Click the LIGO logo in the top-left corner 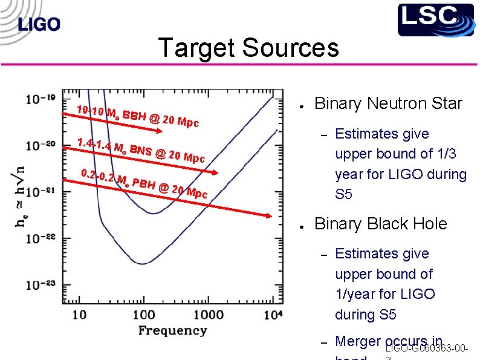click(x=39, y=24)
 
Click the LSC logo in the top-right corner click(x=435, y=19)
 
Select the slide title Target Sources click(x=248, y=48)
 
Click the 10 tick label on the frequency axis click(x=79, y=314)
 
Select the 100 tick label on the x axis click(x=144, y=314)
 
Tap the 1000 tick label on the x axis click(x=209, y=314)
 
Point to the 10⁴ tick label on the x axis click(x=273, y=313)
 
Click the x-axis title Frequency click(x=172, y=330)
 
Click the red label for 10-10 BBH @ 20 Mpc click(x=138, y=116)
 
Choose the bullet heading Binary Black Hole click(x=381, y=224)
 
